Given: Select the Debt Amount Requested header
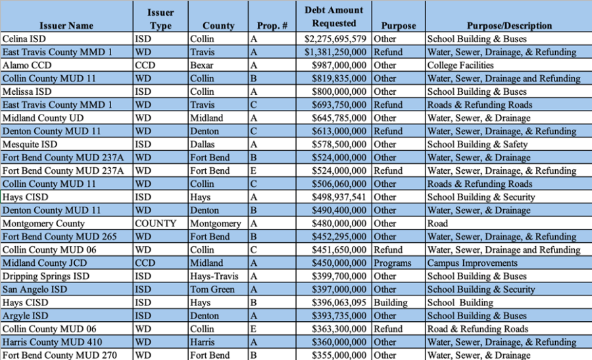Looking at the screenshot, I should point(333,17).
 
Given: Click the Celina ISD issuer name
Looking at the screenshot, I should point(24,39).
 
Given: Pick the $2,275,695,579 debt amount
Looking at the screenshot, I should point(335,39).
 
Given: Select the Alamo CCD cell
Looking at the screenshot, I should point(27,65).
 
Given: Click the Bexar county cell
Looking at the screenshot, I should point(202,65).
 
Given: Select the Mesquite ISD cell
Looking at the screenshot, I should point(30,144).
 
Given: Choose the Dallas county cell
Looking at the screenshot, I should point(203,144).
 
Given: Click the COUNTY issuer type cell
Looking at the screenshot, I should point(155,223).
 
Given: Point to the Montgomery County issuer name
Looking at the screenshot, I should point(43,223).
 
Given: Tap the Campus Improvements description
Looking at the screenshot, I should point(472,263).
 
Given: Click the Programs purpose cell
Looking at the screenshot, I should point(392,263).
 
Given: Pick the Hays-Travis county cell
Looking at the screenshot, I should point(215,276).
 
